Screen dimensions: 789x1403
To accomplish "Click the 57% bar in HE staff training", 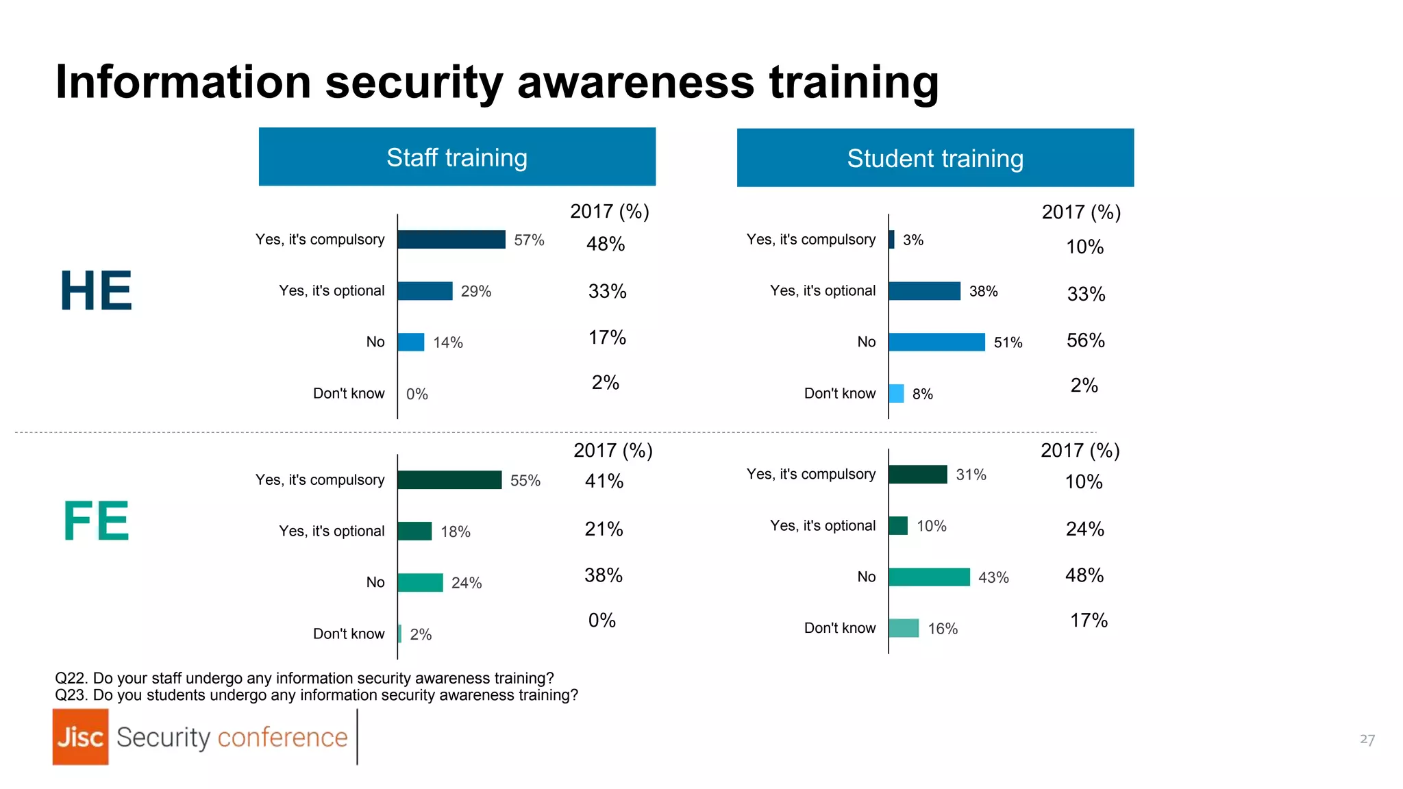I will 451,240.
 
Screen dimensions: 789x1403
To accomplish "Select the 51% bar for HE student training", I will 936,342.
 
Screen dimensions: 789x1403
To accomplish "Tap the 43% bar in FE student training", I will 929,577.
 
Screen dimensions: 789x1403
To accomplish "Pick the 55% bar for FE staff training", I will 449,480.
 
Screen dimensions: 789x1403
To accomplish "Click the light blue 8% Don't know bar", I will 896,394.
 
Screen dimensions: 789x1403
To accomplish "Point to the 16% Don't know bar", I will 904,628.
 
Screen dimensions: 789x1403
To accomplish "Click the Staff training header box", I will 457,157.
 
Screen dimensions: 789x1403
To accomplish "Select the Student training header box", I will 935,158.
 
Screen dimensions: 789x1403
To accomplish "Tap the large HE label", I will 96,291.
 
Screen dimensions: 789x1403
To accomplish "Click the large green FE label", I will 96,521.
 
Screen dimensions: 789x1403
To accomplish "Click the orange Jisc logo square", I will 80,737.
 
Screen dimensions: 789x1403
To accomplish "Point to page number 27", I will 1367,740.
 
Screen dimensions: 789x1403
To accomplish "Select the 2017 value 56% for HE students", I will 1085,340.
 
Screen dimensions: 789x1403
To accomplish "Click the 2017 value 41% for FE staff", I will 604,481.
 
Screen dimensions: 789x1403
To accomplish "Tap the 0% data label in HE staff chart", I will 417,394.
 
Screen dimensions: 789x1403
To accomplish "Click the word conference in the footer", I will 282,738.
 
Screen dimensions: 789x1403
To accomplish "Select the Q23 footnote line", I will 316,695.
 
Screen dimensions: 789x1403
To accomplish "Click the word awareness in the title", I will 636,82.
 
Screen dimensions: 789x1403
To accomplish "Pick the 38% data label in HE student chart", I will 983,292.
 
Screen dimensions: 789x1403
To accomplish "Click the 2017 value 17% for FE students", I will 1089,621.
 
